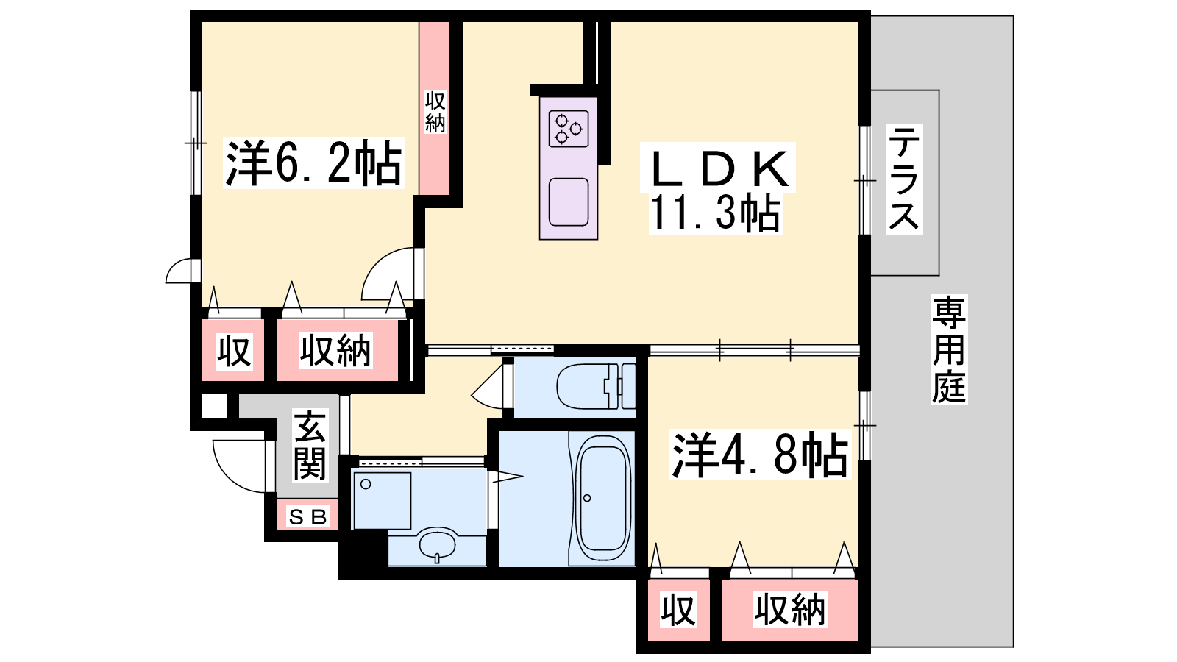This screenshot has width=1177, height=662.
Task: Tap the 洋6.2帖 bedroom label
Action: (x=313, y=163)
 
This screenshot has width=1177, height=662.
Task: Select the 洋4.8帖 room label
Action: (x=760, y=455)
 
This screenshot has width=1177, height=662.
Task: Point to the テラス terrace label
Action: (x=904, y=179)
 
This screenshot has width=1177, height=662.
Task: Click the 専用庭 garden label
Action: (x=949, y=350)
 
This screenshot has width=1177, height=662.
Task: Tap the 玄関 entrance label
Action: (x=310, y=446)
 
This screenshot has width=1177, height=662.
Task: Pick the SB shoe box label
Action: (x=308, y=518)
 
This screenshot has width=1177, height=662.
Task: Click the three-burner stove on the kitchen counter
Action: (x=569, y=129)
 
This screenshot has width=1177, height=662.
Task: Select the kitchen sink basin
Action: (x=569, y=202)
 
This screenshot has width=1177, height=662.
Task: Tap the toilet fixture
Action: (x=596, y=386)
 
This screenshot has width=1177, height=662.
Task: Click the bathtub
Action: (x=603, y=498)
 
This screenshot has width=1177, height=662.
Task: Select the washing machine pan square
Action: (x=382, y=501)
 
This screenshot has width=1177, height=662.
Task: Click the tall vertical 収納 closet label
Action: (x=435, y=112)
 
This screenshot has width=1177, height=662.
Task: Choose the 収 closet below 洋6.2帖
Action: (x=233, y=351)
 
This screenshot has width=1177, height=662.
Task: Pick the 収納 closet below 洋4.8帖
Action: (x=790, y=610)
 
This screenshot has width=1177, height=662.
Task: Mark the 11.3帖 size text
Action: (x=714, y=213)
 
